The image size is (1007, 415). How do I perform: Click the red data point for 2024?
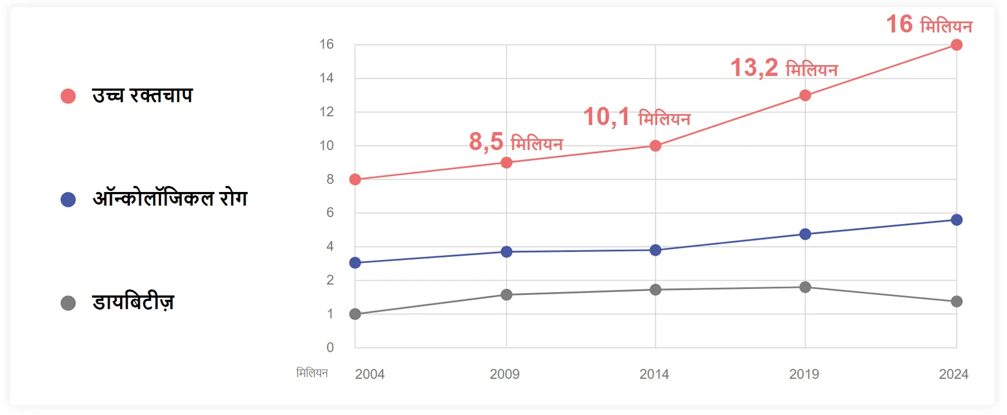(956, 45)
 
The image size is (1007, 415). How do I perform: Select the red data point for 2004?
(355, 179)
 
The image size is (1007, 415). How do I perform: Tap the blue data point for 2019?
(805, 234)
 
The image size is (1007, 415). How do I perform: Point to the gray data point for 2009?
(506, 294)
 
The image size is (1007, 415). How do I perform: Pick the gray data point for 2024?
(956, 302)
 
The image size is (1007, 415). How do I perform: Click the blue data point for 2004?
(355, 263)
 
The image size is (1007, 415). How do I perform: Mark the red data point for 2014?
(655, 146)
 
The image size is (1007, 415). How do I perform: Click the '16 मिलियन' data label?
(929, 24)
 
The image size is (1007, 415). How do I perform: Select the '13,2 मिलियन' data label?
(784, 68)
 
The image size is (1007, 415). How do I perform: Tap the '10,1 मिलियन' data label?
(637, 117)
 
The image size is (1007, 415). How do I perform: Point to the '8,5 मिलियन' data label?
(516, 142)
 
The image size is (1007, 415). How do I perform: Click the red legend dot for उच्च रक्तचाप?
(68, 96)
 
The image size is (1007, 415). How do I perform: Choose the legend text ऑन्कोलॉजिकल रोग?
(170, 198)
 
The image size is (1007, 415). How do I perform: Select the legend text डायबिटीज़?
(133, 302)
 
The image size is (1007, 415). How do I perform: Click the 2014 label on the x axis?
(654, 374)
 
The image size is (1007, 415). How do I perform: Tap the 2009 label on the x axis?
(505, 374)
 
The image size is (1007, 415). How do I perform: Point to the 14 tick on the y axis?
(326, 78)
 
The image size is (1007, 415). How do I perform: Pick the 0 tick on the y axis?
(330, 347)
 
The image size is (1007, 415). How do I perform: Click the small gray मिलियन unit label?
(312, 373)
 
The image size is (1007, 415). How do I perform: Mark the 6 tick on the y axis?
(330, 212)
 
